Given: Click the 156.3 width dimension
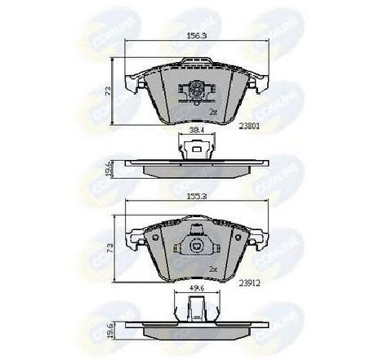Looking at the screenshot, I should tap(194, 36).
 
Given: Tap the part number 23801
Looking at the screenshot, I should tap(250, 125).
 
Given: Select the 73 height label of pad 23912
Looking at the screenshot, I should tap(108, 246).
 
